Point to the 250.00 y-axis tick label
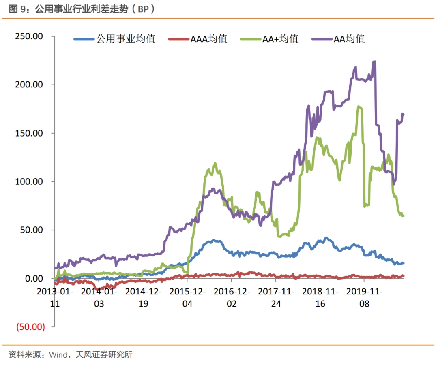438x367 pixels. [x=29, y=36]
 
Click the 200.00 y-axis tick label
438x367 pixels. [x=29, y=85]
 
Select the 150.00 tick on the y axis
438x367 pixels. [x=29, y=133]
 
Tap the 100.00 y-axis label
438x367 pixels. [x=29, y=181]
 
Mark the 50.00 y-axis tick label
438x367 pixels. [x=31, y=230]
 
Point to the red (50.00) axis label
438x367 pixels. [x=30, y=327]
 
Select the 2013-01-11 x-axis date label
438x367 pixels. [x=55, y=297]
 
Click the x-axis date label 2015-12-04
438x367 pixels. [x=187, y=297]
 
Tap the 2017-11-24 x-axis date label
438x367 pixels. [x=276, y=297]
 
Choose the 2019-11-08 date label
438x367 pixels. [x=364, y=297]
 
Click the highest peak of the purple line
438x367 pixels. [x=374, y=62]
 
